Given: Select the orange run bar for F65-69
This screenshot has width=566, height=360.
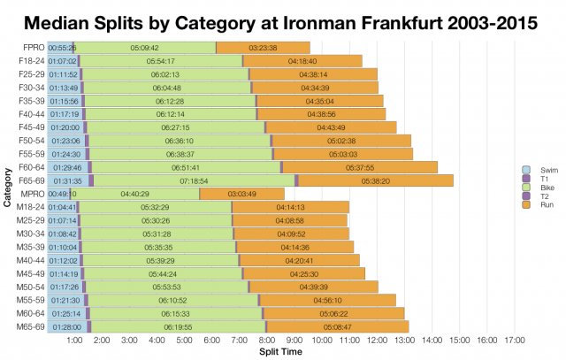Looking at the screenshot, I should point(376,180).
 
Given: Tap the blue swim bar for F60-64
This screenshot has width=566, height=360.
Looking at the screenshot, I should point(67,167).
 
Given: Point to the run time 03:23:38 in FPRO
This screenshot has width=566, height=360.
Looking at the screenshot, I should point(264,47).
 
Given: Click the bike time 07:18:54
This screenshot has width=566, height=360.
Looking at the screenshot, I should point(194,180).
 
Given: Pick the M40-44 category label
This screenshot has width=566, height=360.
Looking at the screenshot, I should point(31,260).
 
